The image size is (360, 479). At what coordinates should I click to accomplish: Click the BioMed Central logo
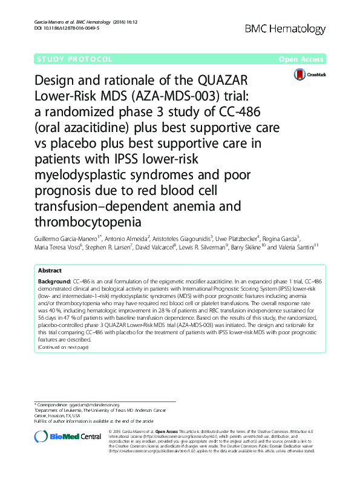coord(67,437)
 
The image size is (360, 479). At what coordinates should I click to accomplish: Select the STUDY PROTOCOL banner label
coord(75,59)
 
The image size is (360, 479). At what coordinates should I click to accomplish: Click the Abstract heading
coord(51,271)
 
